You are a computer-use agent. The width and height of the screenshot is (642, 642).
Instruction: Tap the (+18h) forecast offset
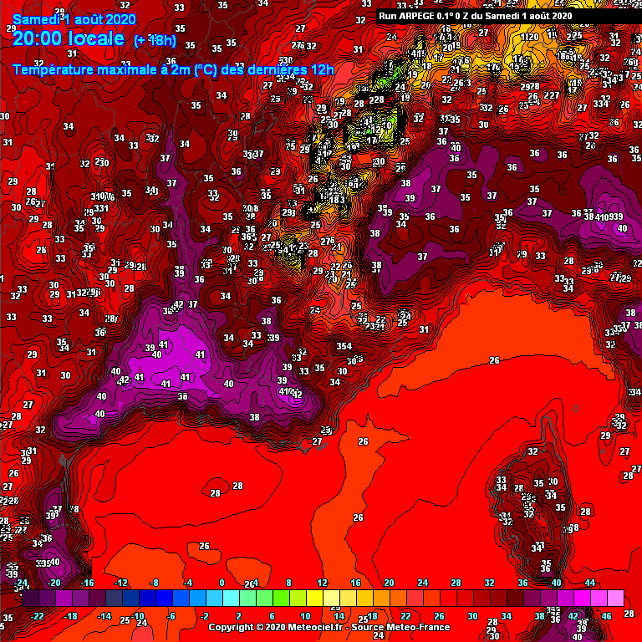tap(156, 40)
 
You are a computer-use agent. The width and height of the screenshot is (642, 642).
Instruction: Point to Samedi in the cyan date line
tap(32, 18)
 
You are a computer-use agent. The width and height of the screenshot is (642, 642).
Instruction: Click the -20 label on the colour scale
tap(54, 583)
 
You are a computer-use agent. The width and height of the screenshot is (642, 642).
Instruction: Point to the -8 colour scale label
tap(154, 583)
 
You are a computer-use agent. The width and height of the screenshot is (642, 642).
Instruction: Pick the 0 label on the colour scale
tap(222, 583)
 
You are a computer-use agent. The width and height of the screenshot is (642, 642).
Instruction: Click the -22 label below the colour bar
tap(37, 616)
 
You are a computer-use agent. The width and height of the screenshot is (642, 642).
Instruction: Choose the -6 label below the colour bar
tap(171, 616)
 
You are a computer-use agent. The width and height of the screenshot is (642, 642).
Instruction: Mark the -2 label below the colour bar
tap(205, 616)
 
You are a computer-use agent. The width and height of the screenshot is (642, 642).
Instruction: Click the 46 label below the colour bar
tap(607, 616)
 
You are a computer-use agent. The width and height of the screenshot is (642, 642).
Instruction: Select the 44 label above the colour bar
tap(590, 583)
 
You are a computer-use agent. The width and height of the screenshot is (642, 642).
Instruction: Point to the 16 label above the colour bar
tap(355, 583)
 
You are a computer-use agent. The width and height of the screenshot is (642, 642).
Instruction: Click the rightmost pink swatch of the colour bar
tap(615, 599)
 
